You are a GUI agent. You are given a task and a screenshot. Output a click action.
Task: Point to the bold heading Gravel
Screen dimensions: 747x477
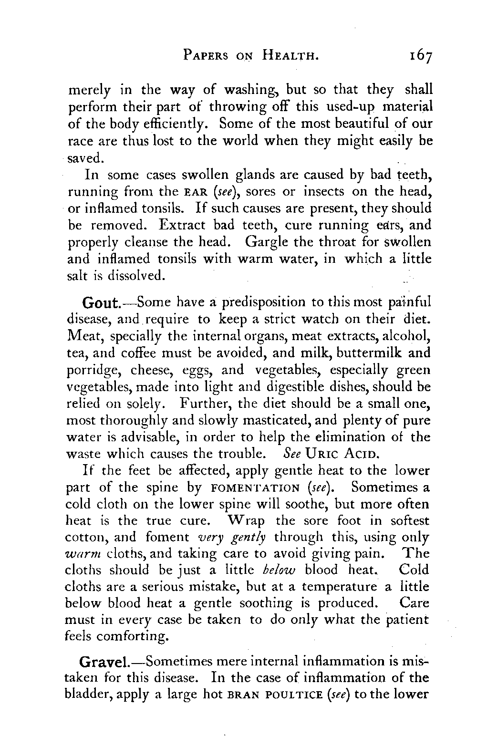click(103, 663)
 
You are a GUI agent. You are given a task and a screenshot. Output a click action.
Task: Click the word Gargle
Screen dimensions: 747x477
click(267, 241)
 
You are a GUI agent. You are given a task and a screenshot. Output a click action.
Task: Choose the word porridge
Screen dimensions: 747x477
click(92, 371)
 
